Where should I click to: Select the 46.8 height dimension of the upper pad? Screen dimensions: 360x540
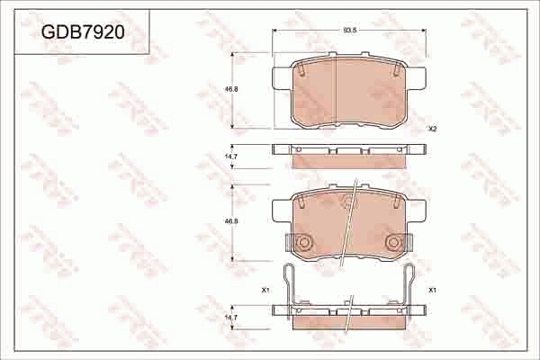pyautogui.click(x=231, y=89)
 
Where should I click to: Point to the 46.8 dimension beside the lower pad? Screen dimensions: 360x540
pyautogui.click(x=231, y=220)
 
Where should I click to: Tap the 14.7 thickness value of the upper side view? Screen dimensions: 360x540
pyautogui.click(x=231, y=157)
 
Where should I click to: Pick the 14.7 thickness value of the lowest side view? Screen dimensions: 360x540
pyautogui.click(x=231, y=318)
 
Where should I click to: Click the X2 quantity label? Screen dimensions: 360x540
pyautogui.click(x=432, y=129)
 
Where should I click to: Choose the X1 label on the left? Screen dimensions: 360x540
pyautogui.click(x=265, y=290)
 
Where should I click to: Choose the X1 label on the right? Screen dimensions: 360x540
pyautogui.click(x=432, y=290)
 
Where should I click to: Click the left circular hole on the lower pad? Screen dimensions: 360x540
pyautogui.click(x=304, y=242)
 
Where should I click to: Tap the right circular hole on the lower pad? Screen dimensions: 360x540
pyautogui.click(x=392, y=242)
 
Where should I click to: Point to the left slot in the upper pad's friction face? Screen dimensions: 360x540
pyautogui.click(x=303, y=69)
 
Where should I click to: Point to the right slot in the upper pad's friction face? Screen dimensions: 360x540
pyautogui.click(x=392, y=69)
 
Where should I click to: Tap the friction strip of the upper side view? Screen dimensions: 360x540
pyautogui.click(x=348, y=163)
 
